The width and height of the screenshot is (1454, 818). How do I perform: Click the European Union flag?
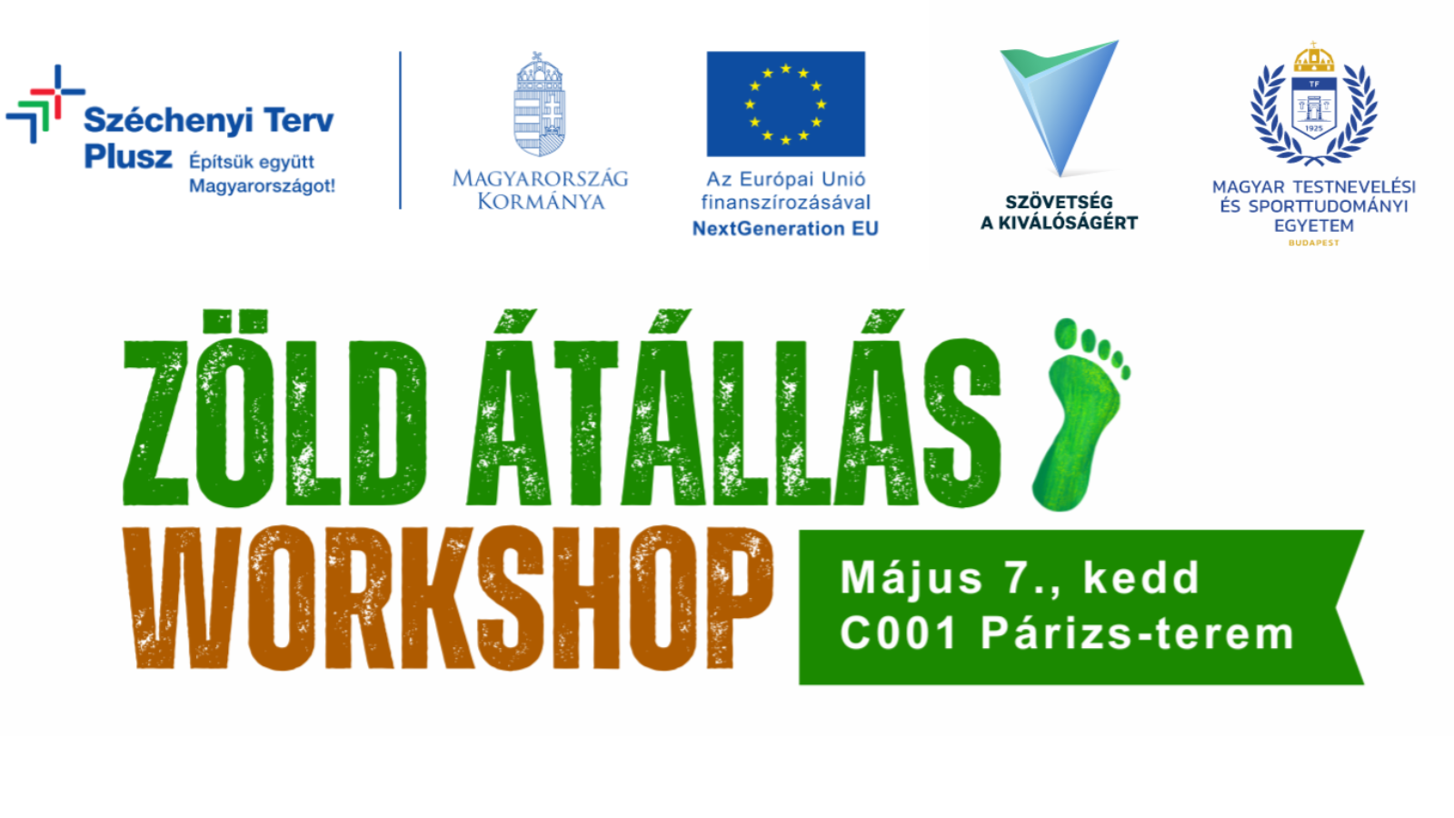click(x=785, y=104)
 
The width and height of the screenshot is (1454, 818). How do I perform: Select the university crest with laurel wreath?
click(x=1314, y=104)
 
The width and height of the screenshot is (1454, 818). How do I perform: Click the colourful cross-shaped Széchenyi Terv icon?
click(x=45, y=104)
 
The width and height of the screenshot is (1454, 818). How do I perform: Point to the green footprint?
click(x=1081, y=414)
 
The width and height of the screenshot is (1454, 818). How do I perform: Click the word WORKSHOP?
click(x=448, y=598)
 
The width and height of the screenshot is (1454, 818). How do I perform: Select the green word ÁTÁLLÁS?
click(x=733, y=408)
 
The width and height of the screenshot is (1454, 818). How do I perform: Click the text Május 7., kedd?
click(x=1020, y=578)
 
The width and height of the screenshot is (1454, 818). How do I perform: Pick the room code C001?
click(x=899, y=633)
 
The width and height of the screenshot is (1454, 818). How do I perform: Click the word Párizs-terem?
click(x=1138, y=633)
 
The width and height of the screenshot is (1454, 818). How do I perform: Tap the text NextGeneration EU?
click(x=785, y=228)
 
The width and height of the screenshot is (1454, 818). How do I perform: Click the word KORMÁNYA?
click(x=542, y=201)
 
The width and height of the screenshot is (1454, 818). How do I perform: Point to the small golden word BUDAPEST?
click(x=1314, y=243)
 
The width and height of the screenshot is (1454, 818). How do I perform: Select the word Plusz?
click(x=128, y=156)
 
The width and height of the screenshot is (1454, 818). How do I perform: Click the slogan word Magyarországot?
click(x=263, y=186)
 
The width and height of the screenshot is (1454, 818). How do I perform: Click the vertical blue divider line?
click(x=401, y=130)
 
